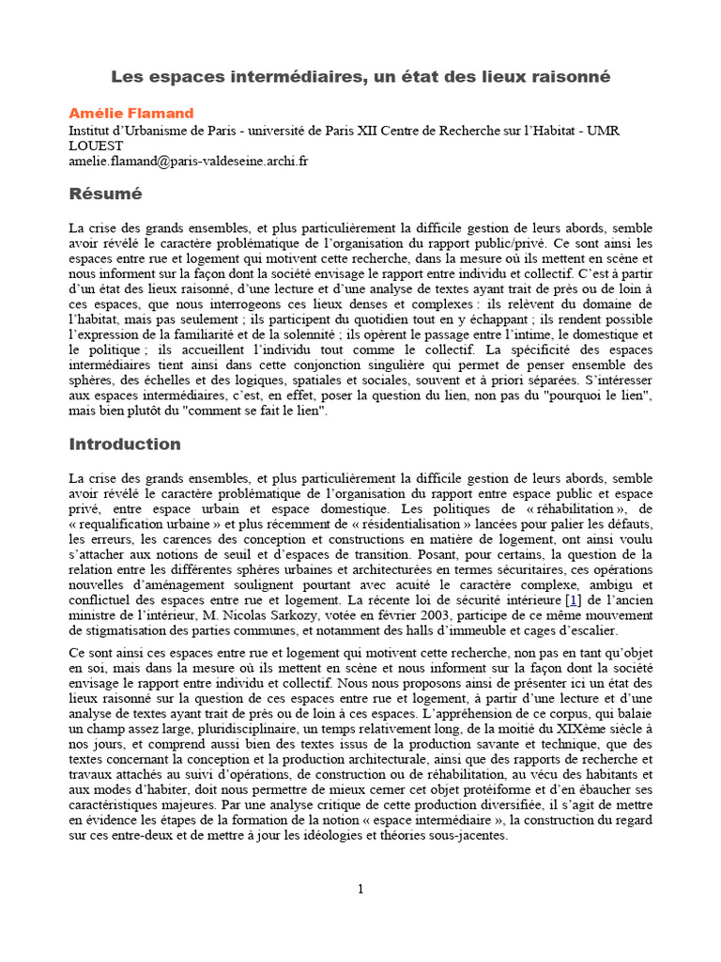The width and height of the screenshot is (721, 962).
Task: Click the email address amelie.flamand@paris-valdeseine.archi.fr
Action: [189, 162]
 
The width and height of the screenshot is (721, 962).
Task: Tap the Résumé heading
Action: [106, 194]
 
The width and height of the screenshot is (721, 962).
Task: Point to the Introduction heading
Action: [125, 443]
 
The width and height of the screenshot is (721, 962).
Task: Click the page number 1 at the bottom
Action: [360, 890]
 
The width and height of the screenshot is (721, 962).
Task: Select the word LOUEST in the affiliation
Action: [96, 147]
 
